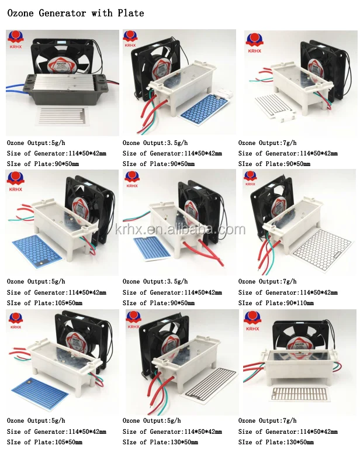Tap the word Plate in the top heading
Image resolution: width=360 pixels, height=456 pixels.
tap(130, 12)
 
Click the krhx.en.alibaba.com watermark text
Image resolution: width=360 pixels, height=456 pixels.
tap(180, 229)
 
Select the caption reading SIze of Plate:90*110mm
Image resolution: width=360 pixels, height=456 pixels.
tap(276, 303)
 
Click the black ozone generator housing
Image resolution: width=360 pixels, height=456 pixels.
tap(64, 88)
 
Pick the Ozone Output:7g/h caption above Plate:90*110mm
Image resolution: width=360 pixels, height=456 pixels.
tap(267, 282)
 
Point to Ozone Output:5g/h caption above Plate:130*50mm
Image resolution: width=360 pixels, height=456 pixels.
tap(151, 421)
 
